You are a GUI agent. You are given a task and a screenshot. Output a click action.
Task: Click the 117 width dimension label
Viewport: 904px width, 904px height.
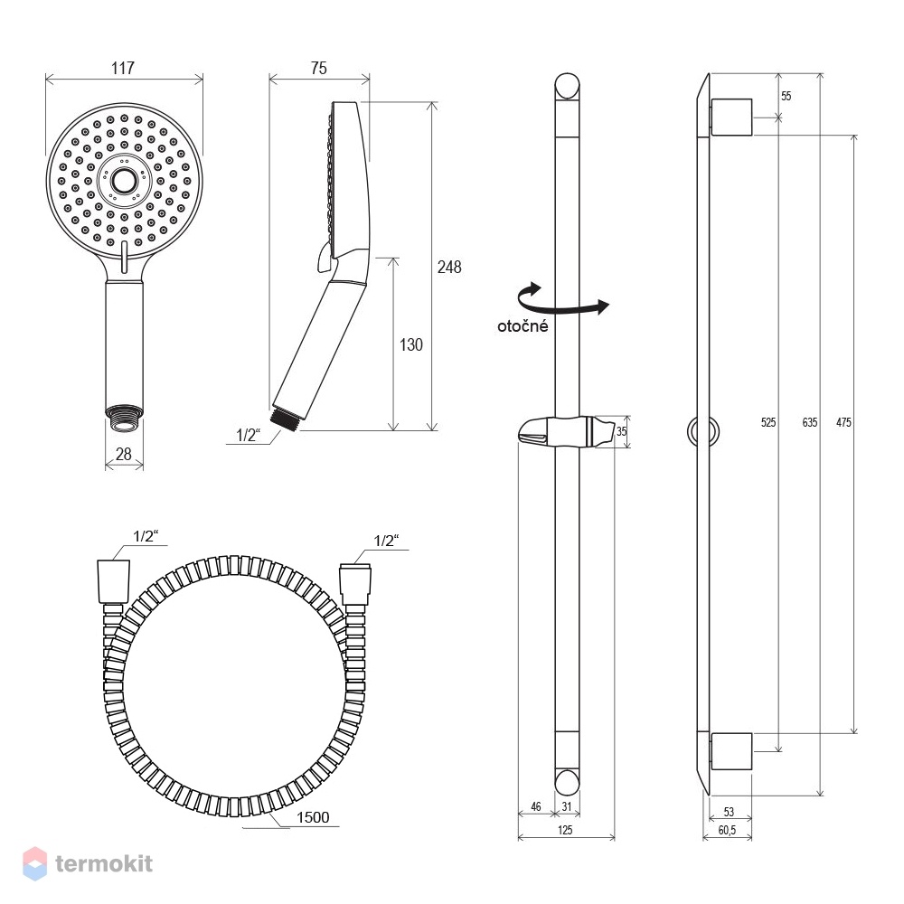[x=123, y=68]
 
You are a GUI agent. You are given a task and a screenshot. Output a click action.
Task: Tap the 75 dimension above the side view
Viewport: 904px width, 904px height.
[x=318, y=68]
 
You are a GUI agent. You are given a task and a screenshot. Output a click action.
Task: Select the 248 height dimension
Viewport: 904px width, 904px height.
[x=449, y=267]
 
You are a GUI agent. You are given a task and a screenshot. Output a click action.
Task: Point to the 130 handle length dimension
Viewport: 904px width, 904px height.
[x=411, y=344]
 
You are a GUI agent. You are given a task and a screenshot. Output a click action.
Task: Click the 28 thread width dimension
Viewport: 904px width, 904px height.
[x=123, y=454]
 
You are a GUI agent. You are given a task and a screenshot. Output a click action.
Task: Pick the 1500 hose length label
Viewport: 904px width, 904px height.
[x=313, y=817]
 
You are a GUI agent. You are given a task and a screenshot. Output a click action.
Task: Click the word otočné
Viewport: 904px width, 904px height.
[x=523, y=326]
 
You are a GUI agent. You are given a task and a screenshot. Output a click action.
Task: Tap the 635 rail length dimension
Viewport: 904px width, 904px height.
[x=809, y=422]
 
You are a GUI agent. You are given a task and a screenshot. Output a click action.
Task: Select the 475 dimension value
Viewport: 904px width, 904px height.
[x=843, y=422]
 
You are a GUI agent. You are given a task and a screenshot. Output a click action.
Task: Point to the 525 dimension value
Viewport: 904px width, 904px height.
[x=767, y=422]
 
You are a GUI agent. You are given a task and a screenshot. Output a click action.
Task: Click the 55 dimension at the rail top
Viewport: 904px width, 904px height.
[x=786, y=96]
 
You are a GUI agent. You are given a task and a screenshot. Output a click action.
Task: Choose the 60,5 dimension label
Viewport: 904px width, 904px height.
[x=727, y=830]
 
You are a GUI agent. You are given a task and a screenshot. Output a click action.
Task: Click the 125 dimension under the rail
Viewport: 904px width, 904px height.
[x=565, y=830]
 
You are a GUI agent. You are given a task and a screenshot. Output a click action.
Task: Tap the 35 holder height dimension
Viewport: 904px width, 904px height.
[x=622, y=430]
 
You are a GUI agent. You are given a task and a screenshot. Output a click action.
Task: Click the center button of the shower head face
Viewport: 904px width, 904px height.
[x=123, y=181]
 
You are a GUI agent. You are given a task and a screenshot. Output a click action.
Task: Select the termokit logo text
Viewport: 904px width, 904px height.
[x=104, y=863]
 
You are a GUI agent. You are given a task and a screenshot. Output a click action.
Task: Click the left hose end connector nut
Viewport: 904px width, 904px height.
[x=113, y=581]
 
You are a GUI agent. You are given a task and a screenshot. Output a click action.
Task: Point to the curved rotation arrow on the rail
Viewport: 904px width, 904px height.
[x=563, y=302]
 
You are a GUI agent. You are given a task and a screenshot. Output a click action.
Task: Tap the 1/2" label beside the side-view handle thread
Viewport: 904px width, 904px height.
[x=249, y=436]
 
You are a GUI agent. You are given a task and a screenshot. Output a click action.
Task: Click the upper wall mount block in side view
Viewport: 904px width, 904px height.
[x=731, y=117]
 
